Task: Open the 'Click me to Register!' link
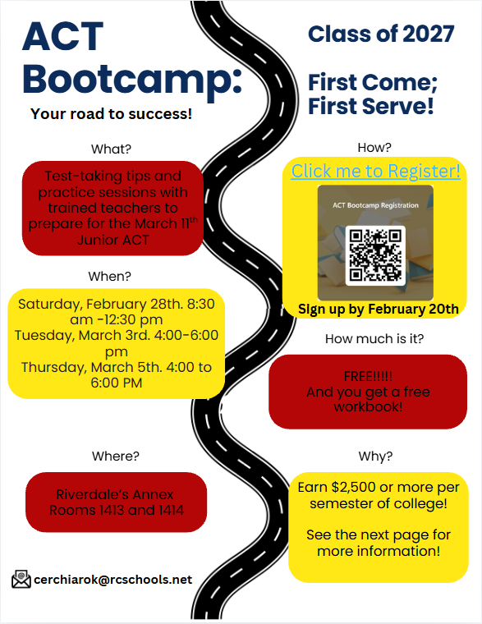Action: (x=375, y=171)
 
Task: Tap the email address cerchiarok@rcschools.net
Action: (x=112, y=580)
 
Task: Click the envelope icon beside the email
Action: (x=21, y=580)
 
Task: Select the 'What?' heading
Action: (x=111, y=149)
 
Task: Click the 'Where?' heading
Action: (x=114, y=457)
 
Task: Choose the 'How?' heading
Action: (x=374, y=148)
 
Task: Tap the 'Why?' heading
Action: (x=375, y=457)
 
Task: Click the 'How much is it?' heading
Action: (x=374, y=338)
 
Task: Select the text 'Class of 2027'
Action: (x=381, y=34)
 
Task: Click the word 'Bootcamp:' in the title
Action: (x=131, y=79)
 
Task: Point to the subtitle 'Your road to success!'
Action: (x=111, y=114)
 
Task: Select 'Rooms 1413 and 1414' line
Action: (x=117, y=510)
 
